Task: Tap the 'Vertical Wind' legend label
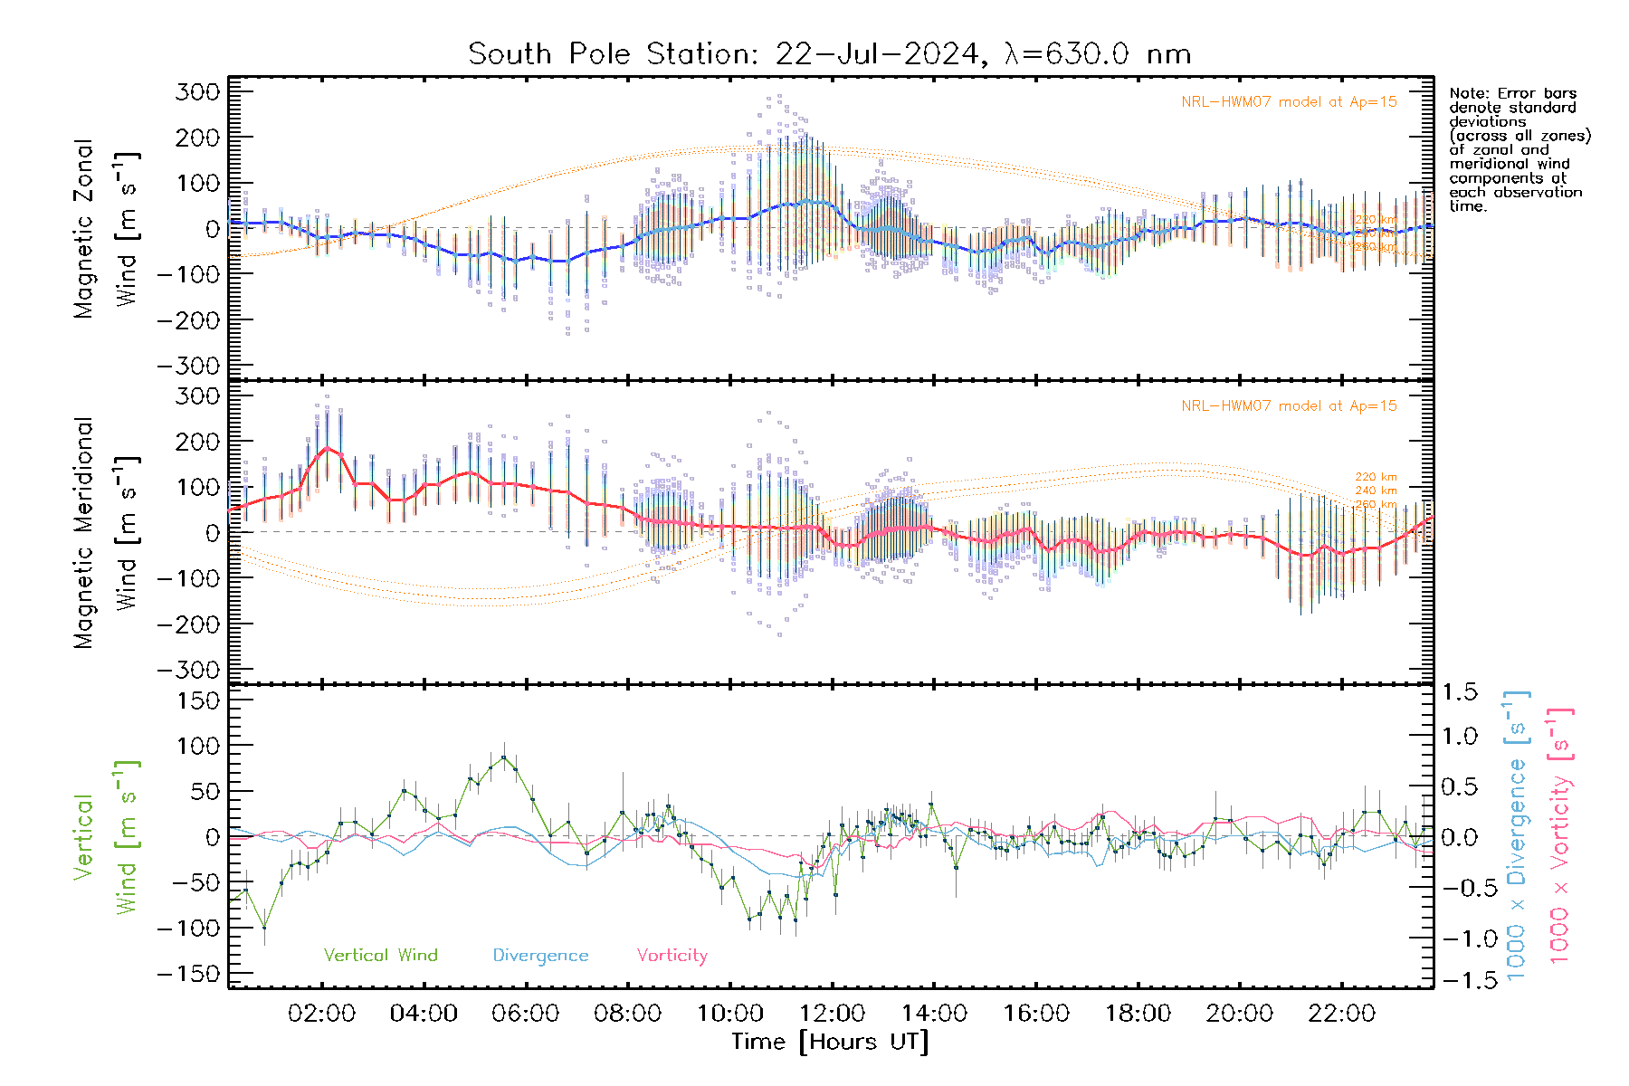pos(380,956)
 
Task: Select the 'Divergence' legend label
pos(540,956)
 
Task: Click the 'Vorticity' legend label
pos(672,956)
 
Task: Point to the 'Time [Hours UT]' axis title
pos(830,1042)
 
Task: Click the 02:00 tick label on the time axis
pos(321,1014)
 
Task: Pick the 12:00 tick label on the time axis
pos(832,1014)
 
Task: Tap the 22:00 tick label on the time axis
pos(1341,1014)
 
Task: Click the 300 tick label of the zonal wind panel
pos(197,91)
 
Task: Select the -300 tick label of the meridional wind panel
pos(189,670)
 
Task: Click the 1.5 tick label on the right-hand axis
pos(1460,692)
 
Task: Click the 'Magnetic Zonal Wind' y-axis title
pos(106,228)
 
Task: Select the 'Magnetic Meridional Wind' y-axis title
pos(106,532)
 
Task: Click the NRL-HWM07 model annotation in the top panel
pos(1289,102)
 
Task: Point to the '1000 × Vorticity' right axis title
pos(1560,835)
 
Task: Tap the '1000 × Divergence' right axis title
pos(1517,835)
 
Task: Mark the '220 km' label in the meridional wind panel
pos(1376,477)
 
